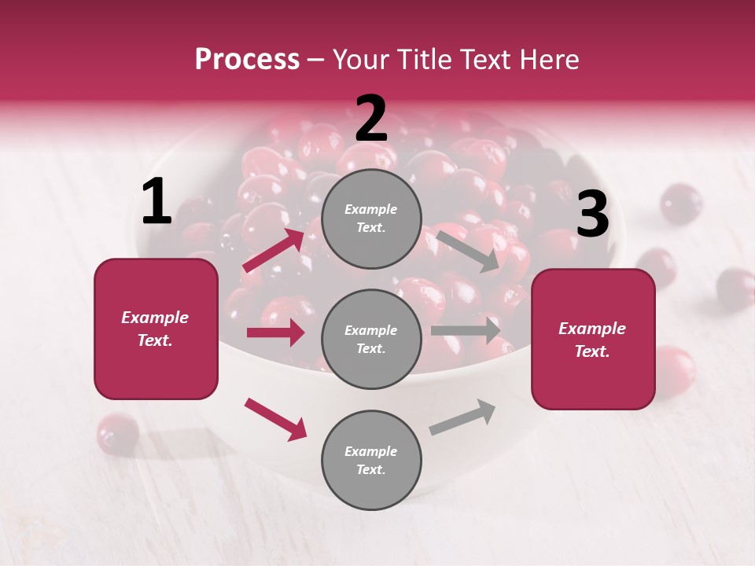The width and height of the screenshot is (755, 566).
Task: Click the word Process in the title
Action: click(247, 60)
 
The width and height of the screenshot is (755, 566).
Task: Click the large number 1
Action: click(157, 202)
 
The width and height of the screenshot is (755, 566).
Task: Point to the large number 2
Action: click(371, 119)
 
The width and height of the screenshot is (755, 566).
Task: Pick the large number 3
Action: click(592, 215)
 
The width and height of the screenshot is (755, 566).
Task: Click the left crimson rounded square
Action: click(156, 329)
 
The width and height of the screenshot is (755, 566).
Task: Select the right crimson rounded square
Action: click(593, 340)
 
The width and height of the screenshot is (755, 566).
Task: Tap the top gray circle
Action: click(371, 219)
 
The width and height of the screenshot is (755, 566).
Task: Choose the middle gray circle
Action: click(371, 340)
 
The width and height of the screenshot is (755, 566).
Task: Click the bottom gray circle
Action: click(371, 461)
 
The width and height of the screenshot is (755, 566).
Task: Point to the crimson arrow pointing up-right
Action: click(274, 251)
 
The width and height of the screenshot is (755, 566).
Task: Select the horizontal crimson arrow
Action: click(275, 333)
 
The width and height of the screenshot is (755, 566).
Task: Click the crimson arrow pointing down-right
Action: click(275, 419)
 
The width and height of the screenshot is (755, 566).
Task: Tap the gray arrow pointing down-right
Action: click(469, 251)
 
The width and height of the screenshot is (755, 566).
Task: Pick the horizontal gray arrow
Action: click(466, 330)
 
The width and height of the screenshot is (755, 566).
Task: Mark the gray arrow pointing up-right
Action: click(462, 417)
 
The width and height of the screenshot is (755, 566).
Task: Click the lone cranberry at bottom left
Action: click(117, 433)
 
